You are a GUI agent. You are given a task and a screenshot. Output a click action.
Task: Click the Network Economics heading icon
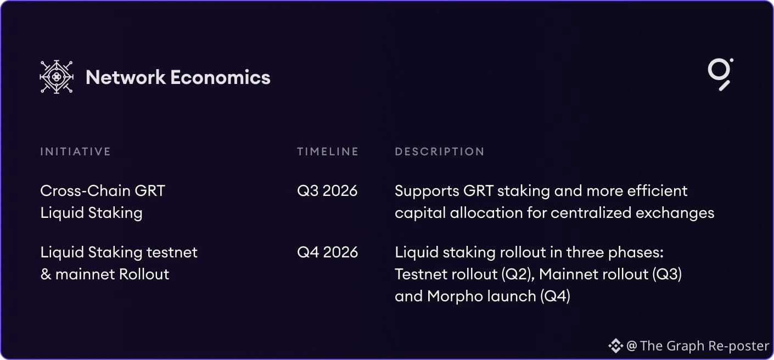point(57,77)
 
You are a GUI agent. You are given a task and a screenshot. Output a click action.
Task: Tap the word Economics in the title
point(221,77)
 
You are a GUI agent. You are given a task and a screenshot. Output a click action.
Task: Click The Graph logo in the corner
point(720,74)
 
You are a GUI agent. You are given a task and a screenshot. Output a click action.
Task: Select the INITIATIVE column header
point(75,151)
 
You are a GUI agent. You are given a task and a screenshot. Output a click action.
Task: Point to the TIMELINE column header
point(328,151)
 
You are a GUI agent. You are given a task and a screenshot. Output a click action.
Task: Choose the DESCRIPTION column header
point(440,151)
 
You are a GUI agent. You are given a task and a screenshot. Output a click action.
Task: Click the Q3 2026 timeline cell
point(327,191)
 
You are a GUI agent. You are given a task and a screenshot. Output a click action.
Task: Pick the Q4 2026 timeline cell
point(328,252)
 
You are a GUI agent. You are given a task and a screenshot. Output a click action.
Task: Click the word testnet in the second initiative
point(172,252)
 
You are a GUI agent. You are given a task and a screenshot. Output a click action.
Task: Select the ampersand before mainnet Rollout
point(46,274)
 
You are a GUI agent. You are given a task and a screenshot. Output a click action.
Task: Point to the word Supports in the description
point(427,192)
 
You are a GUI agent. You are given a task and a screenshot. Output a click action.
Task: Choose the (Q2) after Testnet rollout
point(518,274)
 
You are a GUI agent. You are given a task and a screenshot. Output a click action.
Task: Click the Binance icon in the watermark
point(616,346)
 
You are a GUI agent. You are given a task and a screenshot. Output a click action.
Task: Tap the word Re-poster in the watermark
point(739,346)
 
